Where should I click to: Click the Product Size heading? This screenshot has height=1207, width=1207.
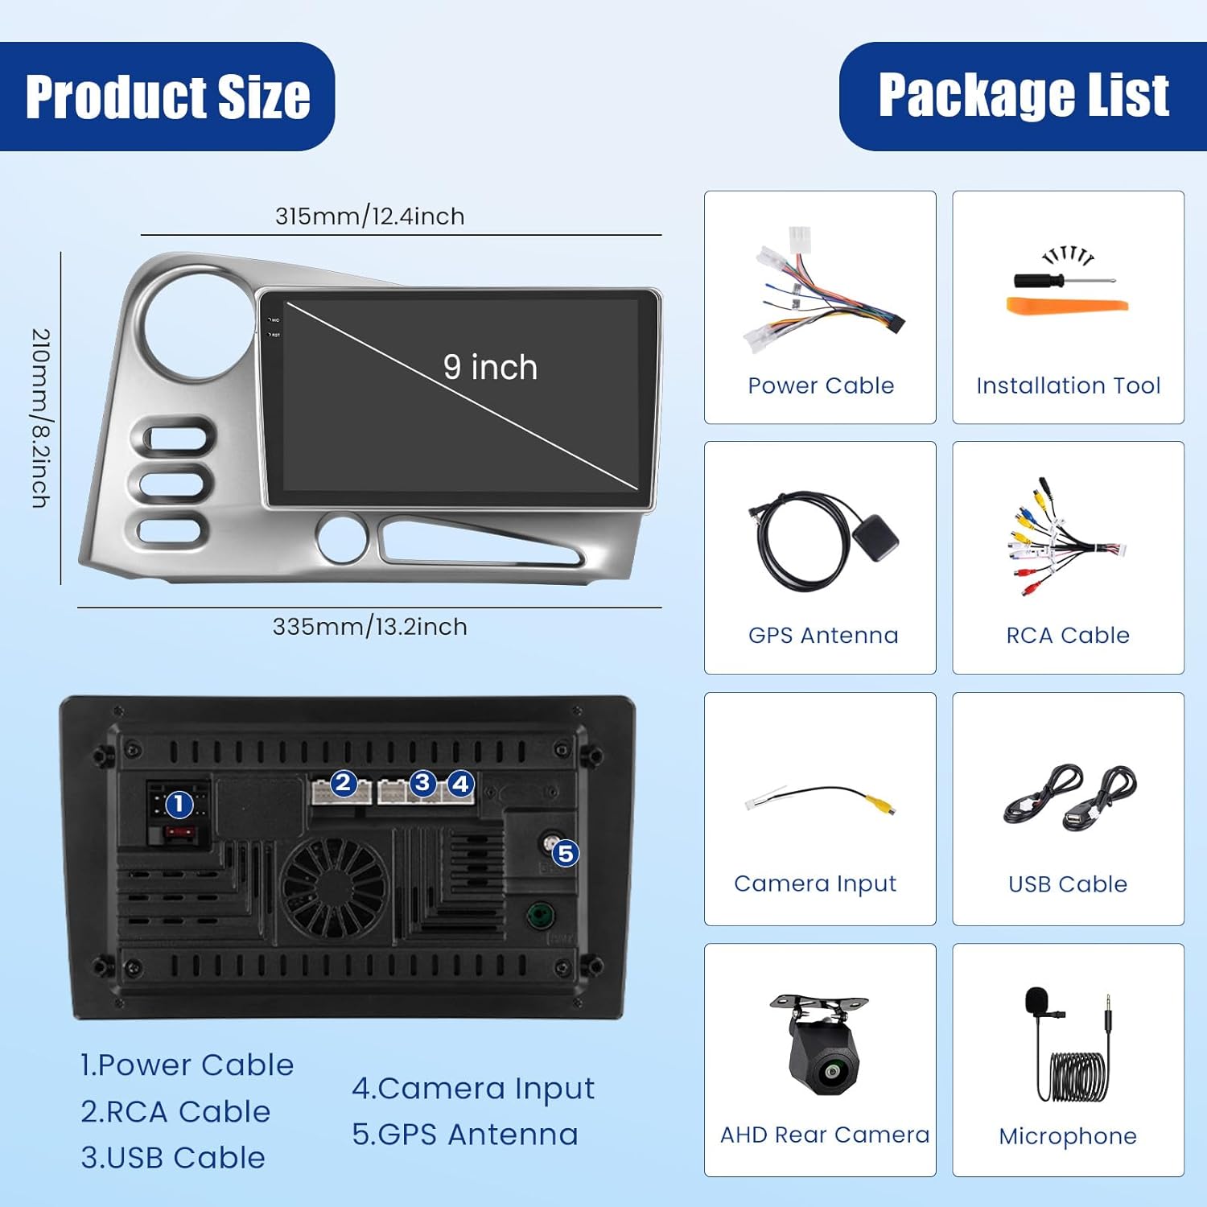167,97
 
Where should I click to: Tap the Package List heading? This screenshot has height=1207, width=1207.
1024,96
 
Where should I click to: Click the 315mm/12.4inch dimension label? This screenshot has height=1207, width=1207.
369,216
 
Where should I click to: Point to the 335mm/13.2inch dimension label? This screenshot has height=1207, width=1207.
369,626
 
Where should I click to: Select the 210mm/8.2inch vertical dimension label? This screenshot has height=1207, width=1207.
41,418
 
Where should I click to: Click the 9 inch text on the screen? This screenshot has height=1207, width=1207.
490,367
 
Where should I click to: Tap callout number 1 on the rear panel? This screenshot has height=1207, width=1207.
179,804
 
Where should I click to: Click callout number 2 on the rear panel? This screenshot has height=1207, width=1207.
344,782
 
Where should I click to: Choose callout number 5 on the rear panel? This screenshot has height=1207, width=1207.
566,853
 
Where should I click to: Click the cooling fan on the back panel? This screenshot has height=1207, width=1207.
334,887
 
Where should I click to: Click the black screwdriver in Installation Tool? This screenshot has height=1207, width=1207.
1064,281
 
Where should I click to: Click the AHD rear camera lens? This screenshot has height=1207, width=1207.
829,1071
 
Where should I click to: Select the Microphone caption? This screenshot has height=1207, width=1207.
1068,1136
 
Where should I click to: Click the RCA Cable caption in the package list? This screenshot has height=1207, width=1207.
1068,635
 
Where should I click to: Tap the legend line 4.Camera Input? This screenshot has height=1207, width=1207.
473,1089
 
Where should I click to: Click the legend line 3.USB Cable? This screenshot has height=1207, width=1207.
173,1157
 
